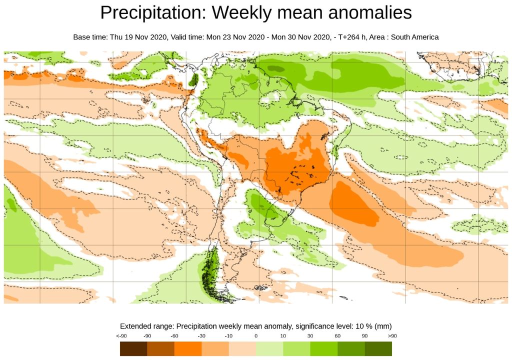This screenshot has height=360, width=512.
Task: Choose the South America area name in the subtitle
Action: point(413,37)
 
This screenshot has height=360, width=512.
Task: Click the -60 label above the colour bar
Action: point(174,336)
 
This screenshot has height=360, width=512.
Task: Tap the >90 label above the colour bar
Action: point(392,336)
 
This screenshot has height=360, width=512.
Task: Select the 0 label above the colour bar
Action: point(256,336)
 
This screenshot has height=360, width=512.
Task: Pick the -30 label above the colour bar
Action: point(201,336)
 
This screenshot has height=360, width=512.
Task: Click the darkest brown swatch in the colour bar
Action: point(133,348)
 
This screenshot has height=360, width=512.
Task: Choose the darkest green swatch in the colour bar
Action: point(378,348)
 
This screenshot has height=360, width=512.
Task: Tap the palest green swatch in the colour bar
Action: point(269,348)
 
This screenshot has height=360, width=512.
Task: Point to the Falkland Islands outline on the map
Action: point(259,287)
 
